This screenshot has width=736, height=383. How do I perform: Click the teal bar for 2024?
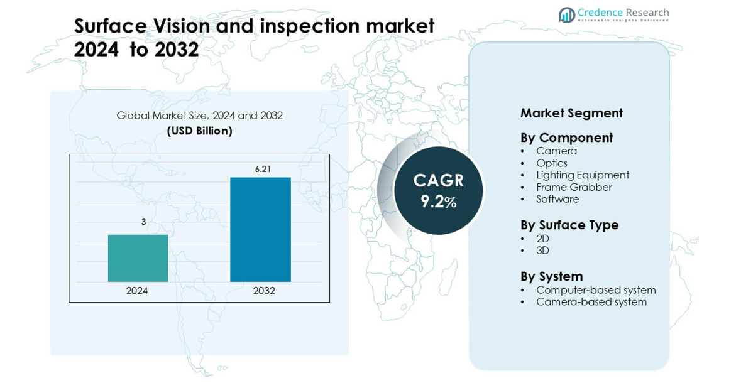pos(138,258)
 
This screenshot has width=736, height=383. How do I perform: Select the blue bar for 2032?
pos(260,230)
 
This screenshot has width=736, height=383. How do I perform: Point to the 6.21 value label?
pos(263,170)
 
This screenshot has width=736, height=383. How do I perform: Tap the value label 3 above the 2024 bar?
pos(144,222)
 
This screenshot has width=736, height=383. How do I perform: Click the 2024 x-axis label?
pos(137,291)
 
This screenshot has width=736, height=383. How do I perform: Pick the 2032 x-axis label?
pos(264,291)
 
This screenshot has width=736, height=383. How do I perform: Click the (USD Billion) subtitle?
pos(199,131)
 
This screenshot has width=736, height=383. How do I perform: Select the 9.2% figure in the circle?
pos(439,202)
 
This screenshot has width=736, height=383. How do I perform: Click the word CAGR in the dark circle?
pos(439,180)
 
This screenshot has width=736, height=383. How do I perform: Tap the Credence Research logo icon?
pos(566,15)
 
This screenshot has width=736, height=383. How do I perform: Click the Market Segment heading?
pos(571,113)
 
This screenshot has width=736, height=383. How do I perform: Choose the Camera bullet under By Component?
pos(557,151)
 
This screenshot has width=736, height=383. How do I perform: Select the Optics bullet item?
pos(552,163)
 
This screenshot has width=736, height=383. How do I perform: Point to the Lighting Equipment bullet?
pos(583,175)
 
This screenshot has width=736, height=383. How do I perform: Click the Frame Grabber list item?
pos(574,187)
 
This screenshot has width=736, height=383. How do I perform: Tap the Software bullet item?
pos(557,199)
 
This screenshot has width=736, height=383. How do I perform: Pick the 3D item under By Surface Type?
pos(542,251)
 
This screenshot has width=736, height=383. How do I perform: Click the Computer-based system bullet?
pos(596,290)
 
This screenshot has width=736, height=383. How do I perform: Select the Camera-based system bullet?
pos(591,302)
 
